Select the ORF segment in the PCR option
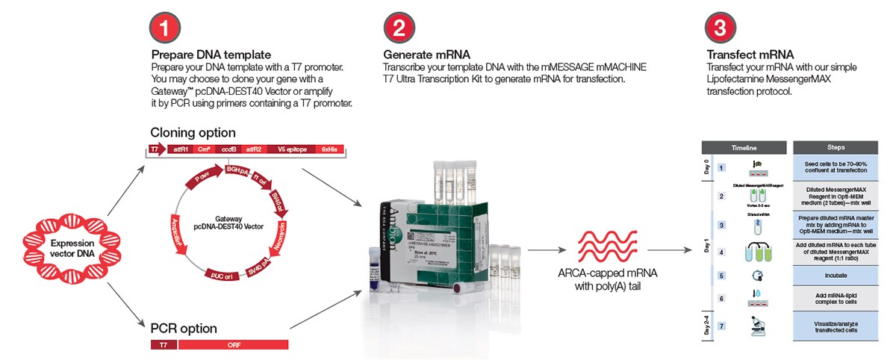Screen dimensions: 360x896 click(232, 344)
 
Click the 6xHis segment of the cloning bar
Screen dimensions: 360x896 click(331, 149)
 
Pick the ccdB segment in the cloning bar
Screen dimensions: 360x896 click(228, 149)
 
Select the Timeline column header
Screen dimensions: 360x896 click(743, 148)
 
